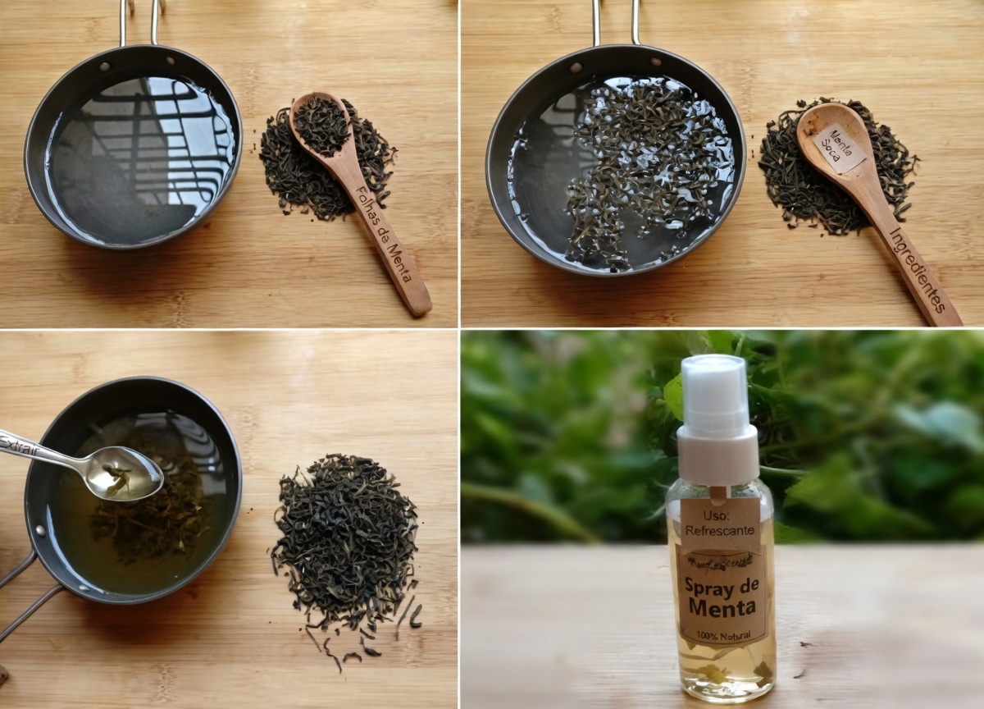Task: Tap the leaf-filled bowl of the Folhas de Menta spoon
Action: pyautogui.click(x=321, y=125)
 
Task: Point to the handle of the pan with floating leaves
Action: pyautogui.click(x=614, y=21)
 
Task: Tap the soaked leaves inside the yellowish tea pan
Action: pyautogui.click(x=148, y=517)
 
